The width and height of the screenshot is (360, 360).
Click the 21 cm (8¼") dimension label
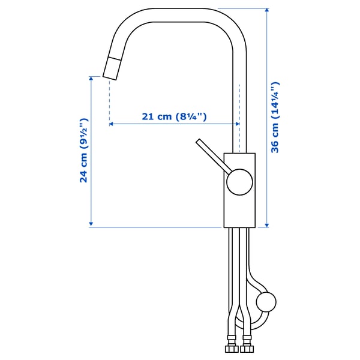(174, 117)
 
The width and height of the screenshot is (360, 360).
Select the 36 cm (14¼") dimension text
(275, 118)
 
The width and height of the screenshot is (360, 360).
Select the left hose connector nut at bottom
(230, 349)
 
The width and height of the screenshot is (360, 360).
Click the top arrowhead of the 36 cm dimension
(266, 11)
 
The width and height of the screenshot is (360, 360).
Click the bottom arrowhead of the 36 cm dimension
(266, 224)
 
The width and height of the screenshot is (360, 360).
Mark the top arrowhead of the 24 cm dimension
(91, 79)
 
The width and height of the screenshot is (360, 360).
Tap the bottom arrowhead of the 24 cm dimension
(91, 224)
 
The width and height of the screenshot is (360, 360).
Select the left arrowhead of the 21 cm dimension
(112, 124)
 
